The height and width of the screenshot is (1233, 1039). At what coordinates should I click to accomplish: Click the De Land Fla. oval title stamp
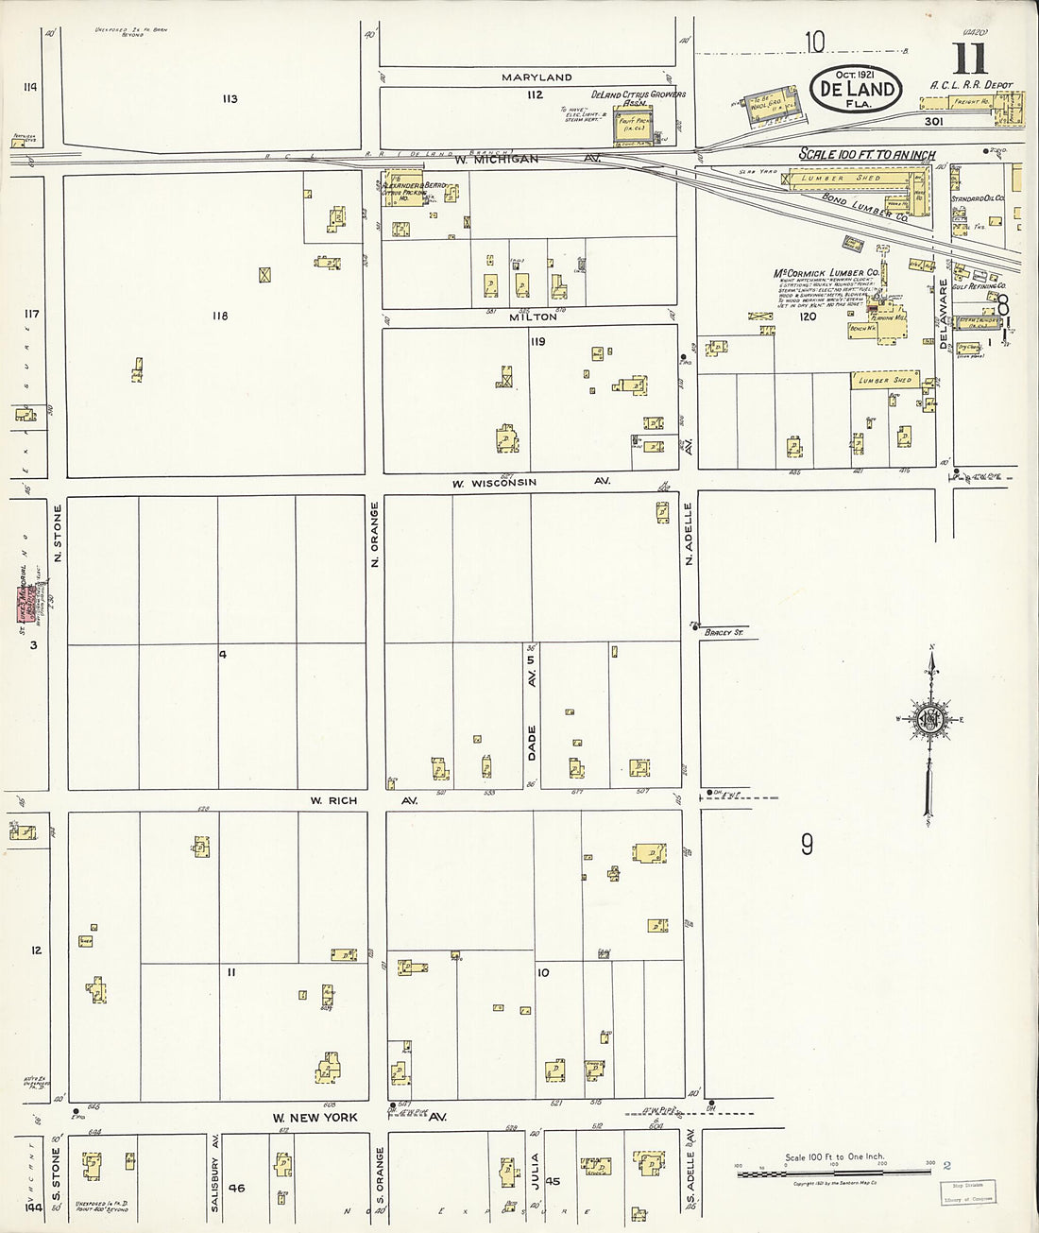tap(855, 90)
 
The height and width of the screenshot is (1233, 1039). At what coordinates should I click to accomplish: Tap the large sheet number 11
tap(969, 60)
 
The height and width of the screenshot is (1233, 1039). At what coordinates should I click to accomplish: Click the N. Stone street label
tap(58, 535)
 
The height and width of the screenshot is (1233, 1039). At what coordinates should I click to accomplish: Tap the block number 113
tap(230, 99)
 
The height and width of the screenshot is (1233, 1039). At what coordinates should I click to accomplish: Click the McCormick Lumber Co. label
tap(826, 273)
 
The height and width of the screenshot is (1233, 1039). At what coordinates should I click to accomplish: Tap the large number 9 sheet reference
tap(808, 844)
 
